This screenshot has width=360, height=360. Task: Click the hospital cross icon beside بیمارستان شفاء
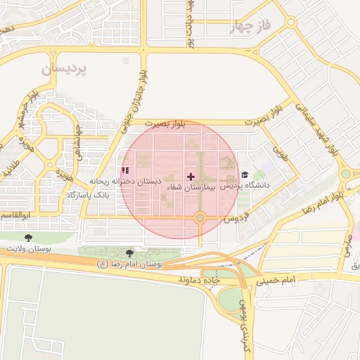(190, 176)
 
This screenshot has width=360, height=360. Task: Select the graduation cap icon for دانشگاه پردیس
(244, 175)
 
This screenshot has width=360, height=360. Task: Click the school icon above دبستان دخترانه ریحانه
(125, 170)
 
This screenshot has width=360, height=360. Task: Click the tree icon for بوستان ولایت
(28, 238)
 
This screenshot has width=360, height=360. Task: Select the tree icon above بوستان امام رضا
(129, 252)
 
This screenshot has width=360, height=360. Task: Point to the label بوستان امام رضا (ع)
(130, 264)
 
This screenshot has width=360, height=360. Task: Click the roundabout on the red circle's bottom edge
(200, 219)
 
